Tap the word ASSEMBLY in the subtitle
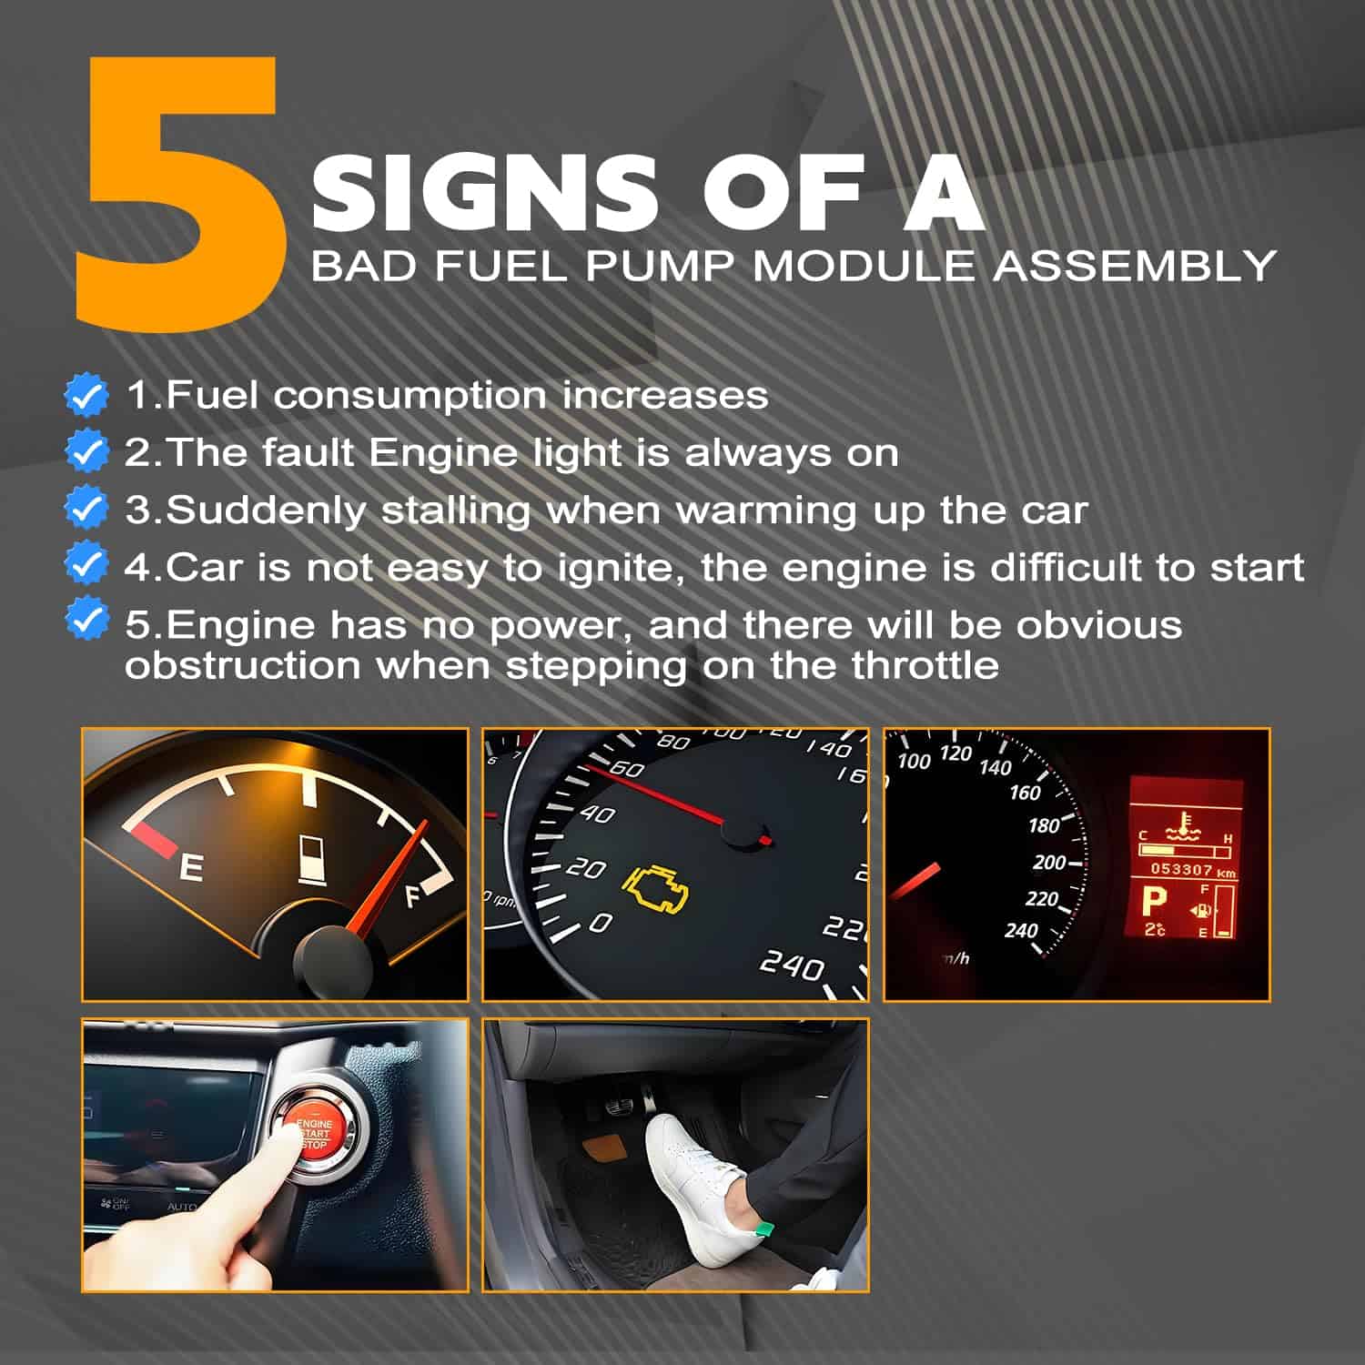tap(1134, 267)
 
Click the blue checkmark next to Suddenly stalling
tap(87, 509)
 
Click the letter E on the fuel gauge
tap(190, 868)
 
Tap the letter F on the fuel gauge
tap(415, 896)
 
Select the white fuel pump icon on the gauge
tap(312, 860)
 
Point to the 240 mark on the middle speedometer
tap(793, 965)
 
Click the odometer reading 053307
tap(1181, 869)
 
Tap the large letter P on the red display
tap(1154, 902)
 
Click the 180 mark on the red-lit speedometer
tap(1044, 825)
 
